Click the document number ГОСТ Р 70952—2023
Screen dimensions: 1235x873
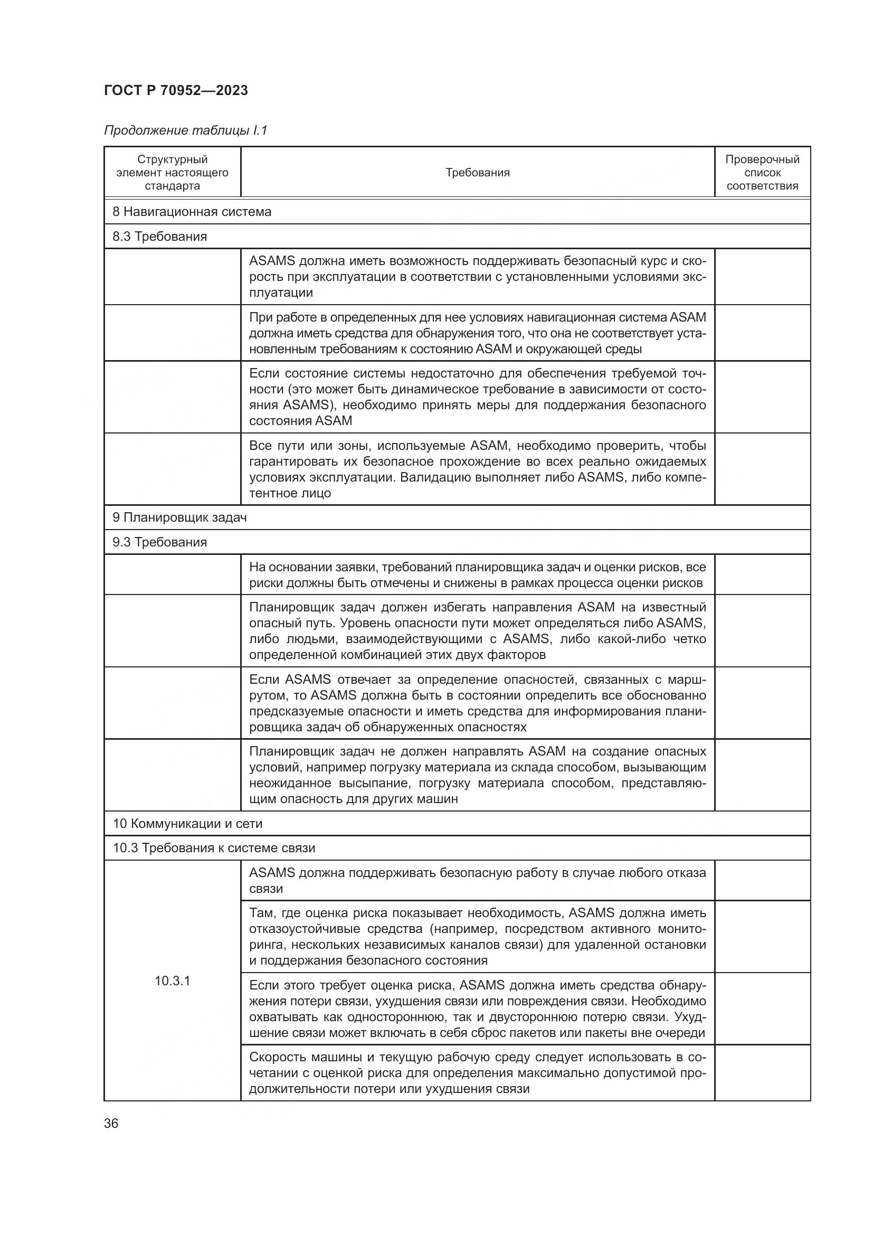coord(176,90)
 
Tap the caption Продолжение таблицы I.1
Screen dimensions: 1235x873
coord(185,130)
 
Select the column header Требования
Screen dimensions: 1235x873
coord(477,173)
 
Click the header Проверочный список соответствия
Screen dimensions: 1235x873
coord(762,173)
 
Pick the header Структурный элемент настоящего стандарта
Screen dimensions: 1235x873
coord(172,173)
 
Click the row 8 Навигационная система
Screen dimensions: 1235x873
coord(192,211)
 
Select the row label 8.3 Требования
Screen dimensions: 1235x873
coord(159,236)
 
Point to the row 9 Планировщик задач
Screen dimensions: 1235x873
coord(179,517)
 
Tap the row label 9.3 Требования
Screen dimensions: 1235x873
coord(159,542)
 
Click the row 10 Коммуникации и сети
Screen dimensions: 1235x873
coord(187,824)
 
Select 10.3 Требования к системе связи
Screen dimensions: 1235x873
coord(213,848)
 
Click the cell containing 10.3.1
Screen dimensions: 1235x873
coord(172,981)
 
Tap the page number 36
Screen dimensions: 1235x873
coord(111,1123)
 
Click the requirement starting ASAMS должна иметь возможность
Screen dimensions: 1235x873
coord(477,277)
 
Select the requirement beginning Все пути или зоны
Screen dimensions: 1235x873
coord(477,469)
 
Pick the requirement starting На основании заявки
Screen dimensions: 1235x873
coord(477,574)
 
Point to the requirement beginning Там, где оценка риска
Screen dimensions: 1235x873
coord(477,937)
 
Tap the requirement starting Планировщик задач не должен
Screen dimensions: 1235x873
coord(477,775)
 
